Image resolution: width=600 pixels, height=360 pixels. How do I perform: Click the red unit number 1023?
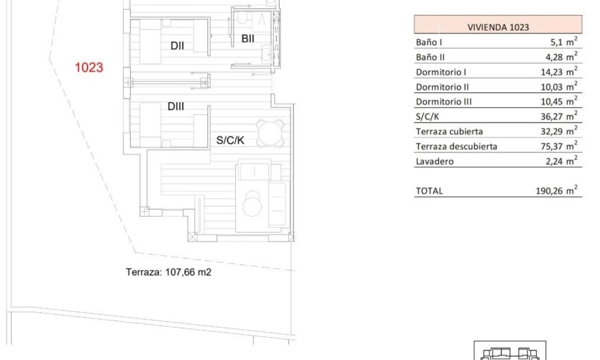click(x=89, y=68)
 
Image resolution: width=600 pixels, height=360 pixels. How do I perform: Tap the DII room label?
click(x=177, y=46)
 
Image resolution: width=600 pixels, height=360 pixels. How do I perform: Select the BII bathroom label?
click(x=247, y=39)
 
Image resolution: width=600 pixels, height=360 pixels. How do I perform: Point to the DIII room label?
click(x=176, y=107)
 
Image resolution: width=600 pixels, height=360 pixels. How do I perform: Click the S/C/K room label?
click(x=230, y=141)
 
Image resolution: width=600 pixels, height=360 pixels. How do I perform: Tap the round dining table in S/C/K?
click(x=271, y=133)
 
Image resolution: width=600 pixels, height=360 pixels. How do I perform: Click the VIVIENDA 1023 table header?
click(x=498, y=27)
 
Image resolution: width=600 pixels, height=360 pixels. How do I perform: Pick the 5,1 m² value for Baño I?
click(x=563, y=42)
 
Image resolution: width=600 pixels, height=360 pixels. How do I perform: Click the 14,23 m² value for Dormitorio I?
click(x=561, y=72)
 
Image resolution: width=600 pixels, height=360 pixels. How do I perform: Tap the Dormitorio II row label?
click(x=442, y=87)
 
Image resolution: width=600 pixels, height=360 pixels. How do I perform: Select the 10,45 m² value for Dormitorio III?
click(x=561, y=101)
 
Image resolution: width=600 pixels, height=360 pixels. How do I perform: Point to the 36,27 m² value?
click(x=561, y=116)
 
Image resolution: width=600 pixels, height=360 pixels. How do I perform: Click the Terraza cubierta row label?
click(x=449, y=131)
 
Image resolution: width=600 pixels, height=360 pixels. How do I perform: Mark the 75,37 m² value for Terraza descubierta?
click(x=561, y=146)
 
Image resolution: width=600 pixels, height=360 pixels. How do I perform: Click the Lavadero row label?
click(x=434, y=161)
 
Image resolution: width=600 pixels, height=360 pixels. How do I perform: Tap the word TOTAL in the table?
click(x=429, y=191)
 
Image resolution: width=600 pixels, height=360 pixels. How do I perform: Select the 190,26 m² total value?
click(x=559, y=191)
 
